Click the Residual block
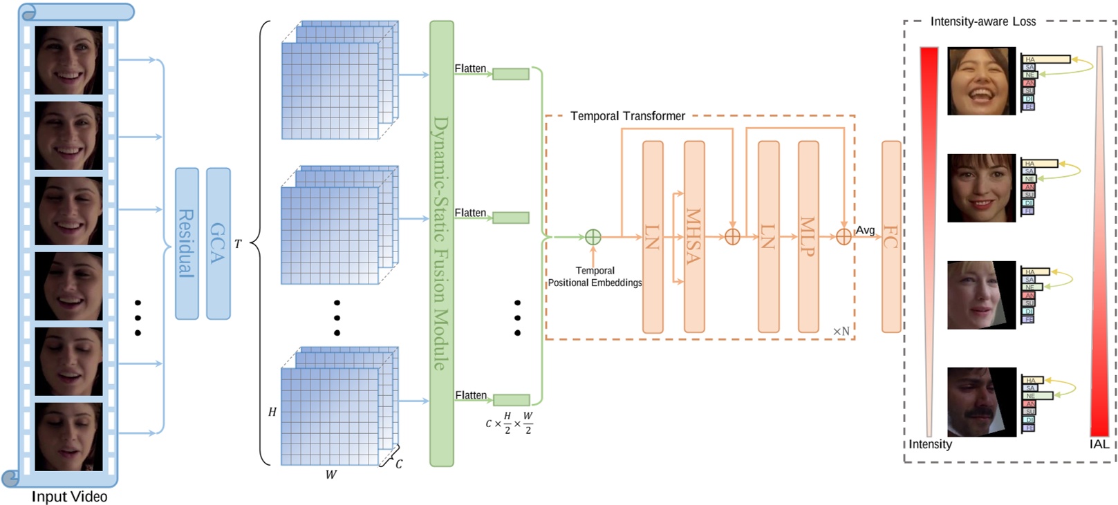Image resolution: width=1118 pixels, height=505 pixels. (x=187, y=243)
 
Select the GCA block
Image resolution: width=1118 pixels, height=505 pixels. (x=218, y=243)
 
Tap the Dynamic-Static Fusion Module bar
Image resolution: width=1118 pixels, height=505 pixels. (x=441, y=243)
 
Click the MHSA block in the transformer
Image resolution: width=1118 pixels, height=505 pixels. (x=694, y=237)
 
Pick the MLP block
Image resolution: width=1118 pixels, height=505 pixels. (x=808, y=237)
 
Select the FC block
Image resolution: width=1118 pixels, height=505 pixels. (x=891, y=237)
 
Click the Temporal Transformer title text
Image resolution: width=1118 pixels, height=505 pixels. (x=627, y=116)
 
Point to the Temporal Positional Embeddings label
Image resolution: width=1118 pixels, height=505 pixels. (x=595, y=276)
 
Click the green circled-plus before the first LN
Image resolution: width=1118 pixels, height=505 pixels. (x=593, y=237)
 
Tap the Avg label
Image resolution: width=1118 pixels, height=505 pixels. (x=865, y=230)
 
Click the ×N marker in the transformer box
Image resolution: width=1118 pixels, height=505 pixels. (x=841, y=331)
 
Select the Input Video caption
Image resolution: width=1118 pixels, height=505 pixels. (x=69, y=496)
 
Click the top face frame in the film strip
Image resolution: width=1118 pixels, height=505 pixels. (x=68, y=60)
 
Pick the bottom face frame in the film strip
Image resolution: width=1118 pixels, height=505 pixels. (x=68, y=437)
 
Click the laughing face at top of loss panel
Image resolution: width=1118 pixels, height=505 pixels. (x=981, y=81)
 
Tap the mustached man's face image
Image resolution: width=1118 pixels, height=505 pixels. (x=981, y=401)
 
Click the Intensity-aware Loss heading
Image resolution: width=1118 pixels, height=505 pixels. (x=982, y=21)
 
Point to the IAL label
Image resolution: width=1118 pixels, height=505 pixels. (x=1099, y=444)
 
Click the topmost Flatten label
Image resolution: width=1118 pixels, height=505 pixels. (x=470, y=68)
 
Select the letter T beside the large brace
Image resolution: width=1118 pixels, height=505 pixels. (x=238, y=244)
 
